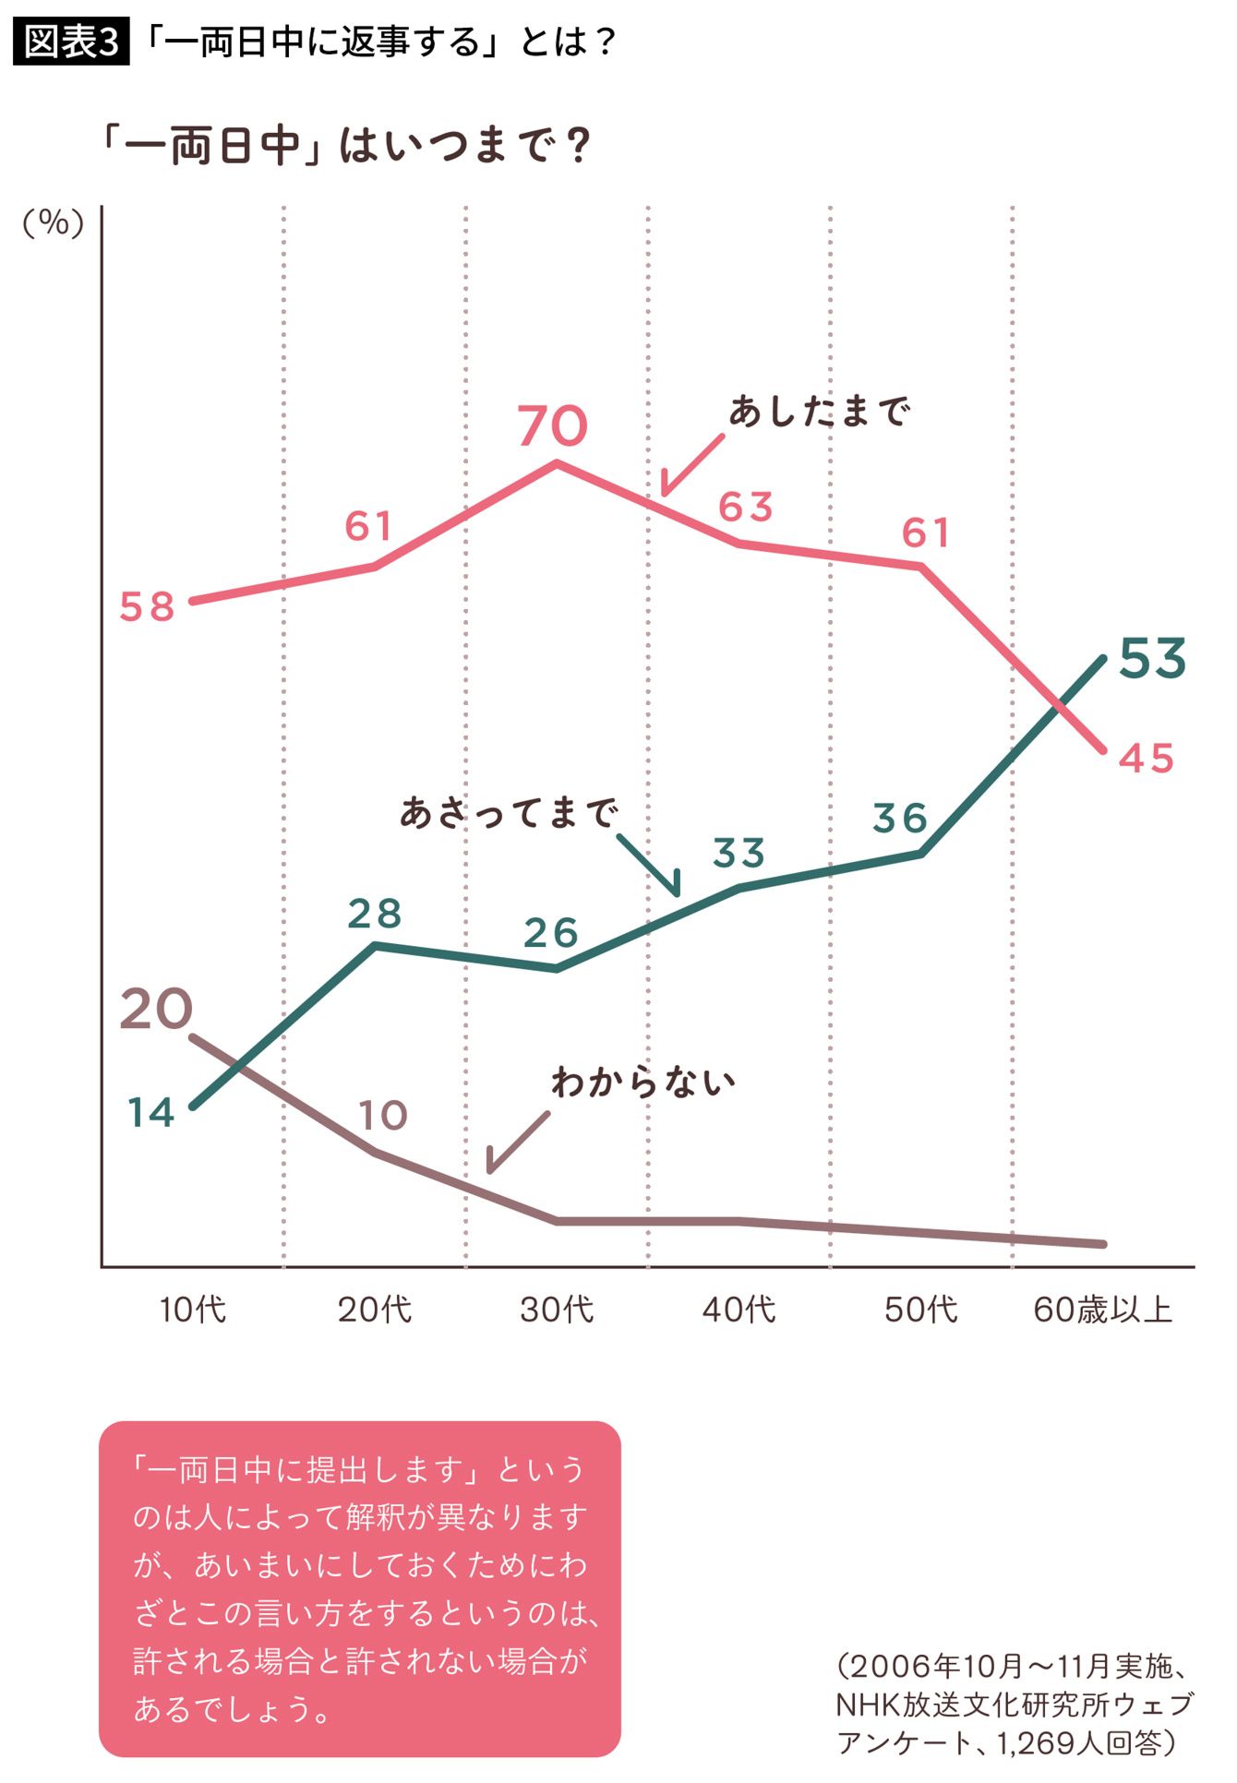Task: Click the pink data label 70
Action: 552,425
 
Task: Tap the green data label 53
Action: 1152,659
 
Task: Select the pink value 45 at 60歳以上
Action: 1147,759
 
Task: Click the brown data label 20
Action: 156,1009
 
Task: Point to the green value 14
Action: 151,1113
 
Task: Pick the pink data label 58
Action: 148,607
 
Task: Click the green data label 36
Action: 900,818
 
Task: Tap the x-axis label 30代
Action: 557,1310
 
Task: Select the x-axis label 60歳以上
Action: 1102,1310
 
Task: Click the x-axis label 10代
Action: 192,1310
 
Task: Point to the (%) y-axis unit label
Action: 54,222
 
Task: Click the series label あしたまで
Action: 820,411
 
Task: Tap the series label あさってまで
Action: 509,813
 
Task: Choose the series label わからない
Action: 643,1082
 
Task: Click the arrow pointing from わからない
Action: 517,1143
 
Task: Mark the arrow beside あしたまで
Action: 692,464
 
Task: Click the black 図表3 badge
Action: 71,42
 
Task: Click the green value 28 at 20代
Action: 375,914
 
